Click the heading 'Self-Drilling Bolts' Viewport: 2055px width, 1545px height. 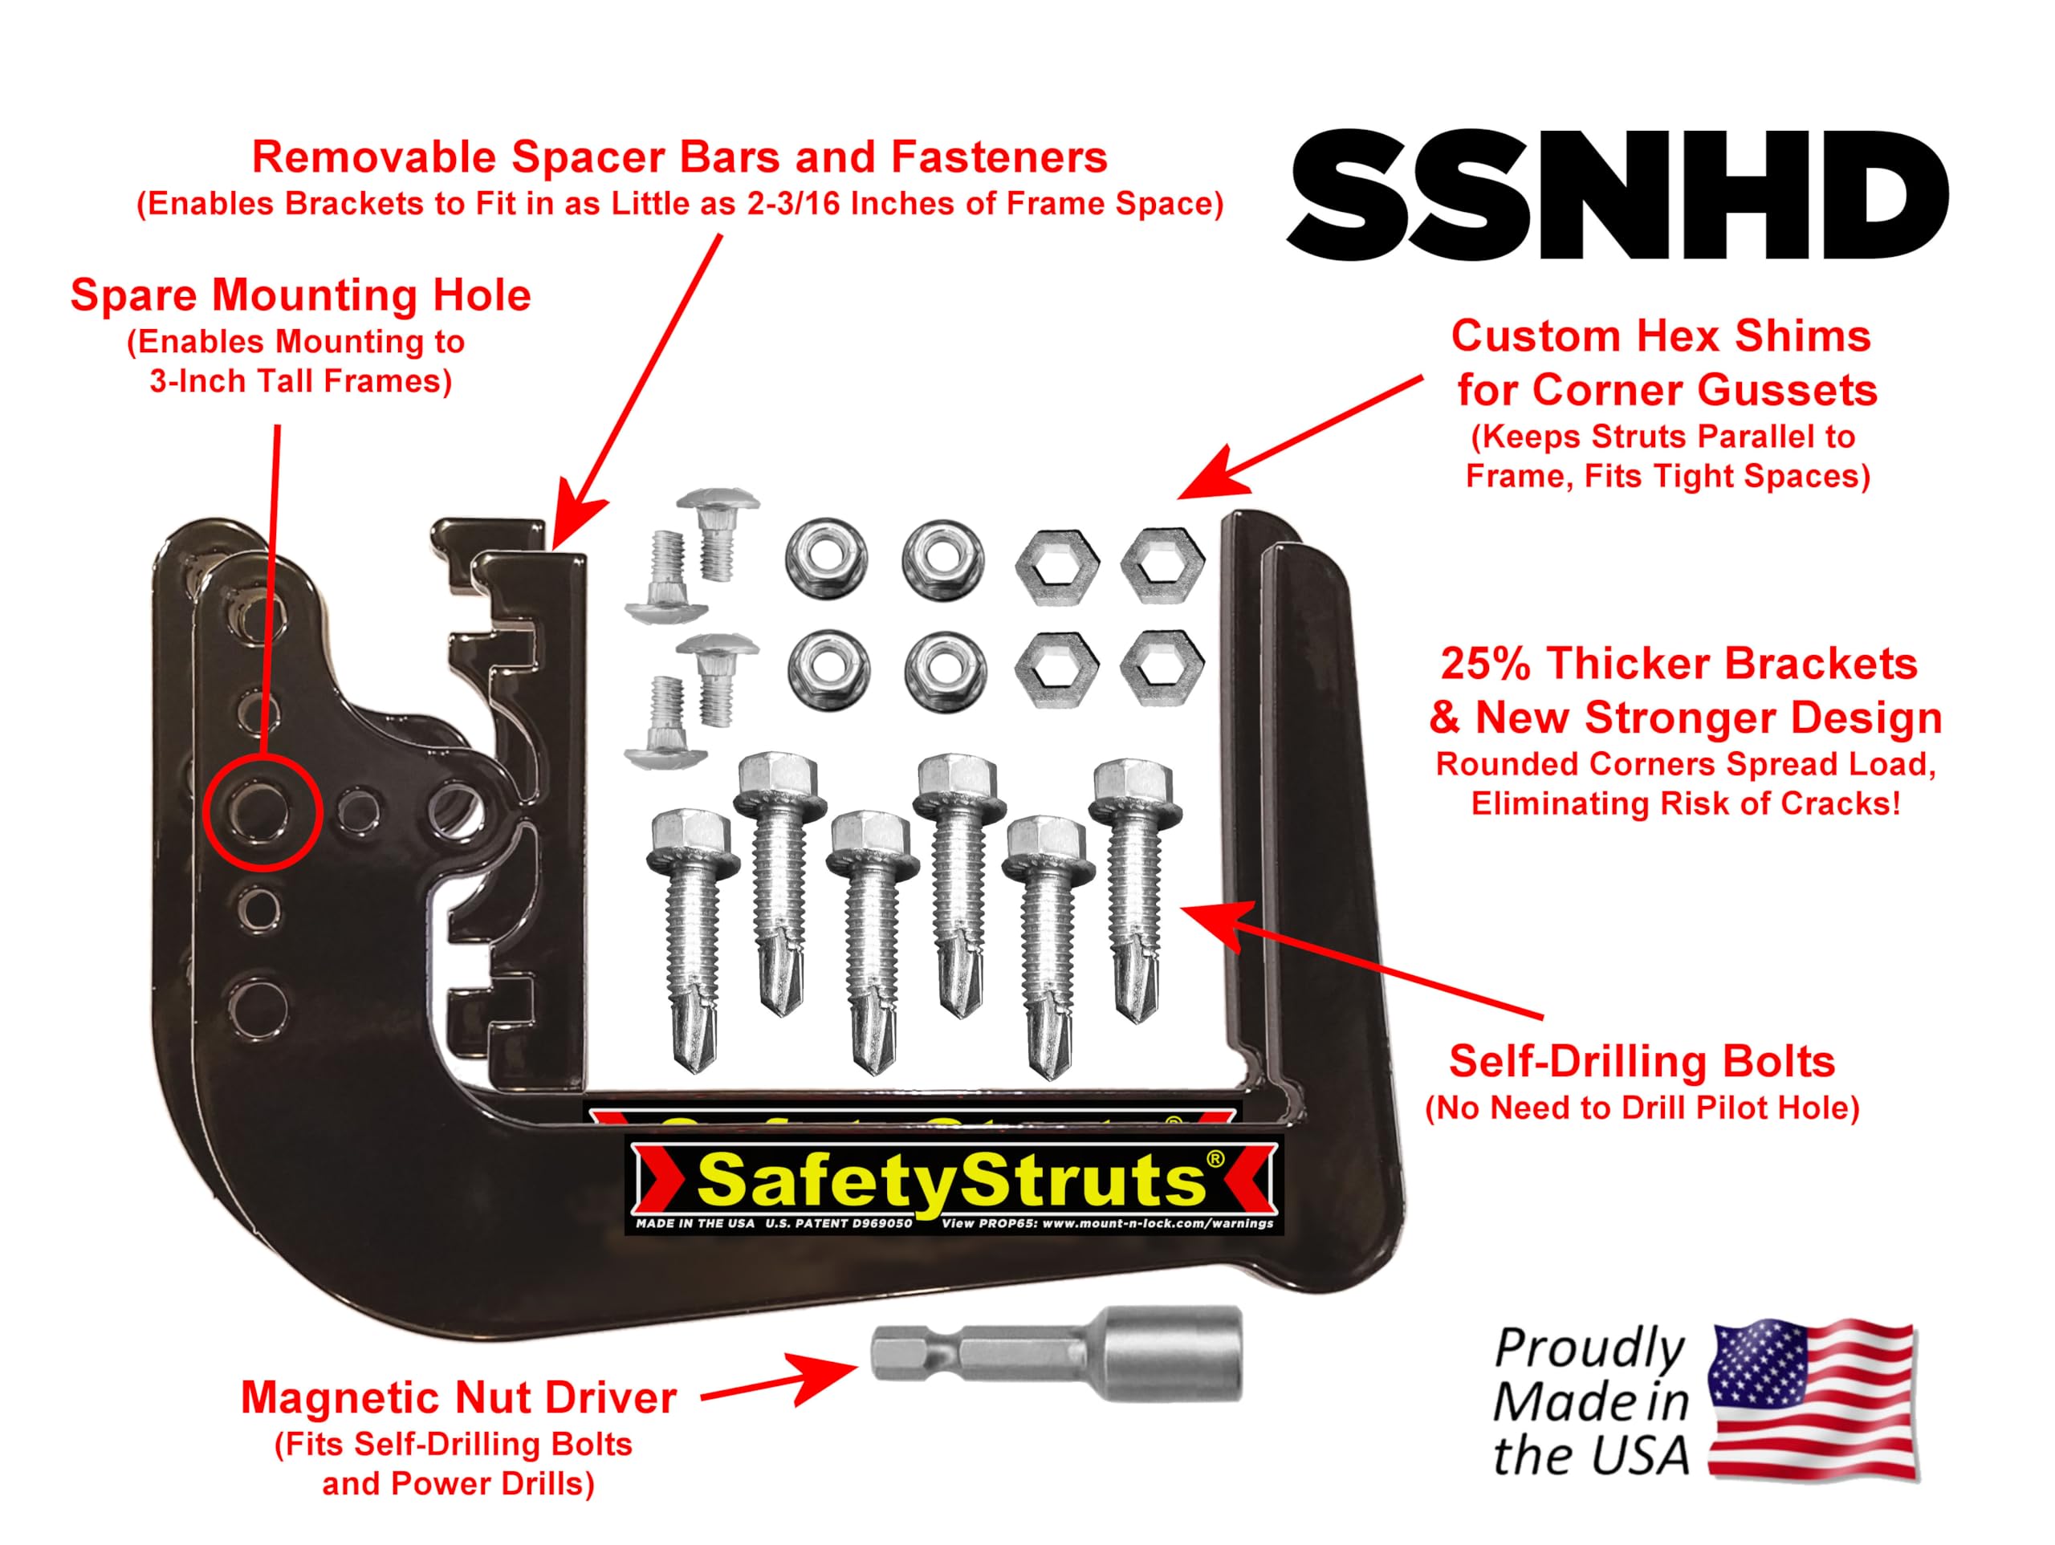pyautogui.click(x=1642, y=1062)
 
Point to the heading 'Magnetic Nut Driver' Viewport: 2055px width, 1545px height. pyautogui.click(x=458, y=1397)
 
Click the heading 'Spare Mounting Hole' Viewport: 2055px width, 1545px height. pyautogui.click(x=300, y=296)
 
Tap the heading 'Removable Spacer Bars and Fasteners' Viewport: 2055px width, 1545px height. pyautogui.click(x=679, y=158)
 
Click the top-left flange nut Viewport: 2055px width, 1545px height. pyautogui.click(x=826, y=560)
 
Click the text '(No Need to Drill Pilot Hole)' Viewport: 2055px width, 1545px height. pyautogui.click(x=1642, y=1108)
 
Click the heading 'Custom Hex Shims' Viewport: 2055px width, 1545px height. pyautogui.click(x=1660, y=336)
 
